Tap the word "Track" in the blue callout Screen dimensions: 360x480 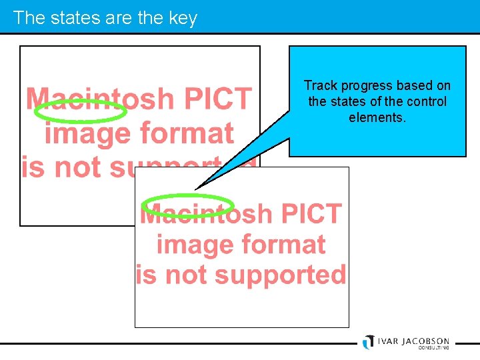(319, 85)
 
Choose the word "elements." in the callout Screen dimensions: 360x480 (377, 117)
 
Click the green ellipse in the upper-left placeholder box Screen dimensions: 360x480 (80, 111)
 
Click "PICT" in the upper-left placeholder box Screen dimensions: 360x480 (218, 99)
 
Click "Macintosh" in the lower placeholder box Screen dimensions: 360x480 (207, 214)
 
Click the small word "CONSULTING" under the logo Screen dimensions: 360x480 (433, 347)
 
